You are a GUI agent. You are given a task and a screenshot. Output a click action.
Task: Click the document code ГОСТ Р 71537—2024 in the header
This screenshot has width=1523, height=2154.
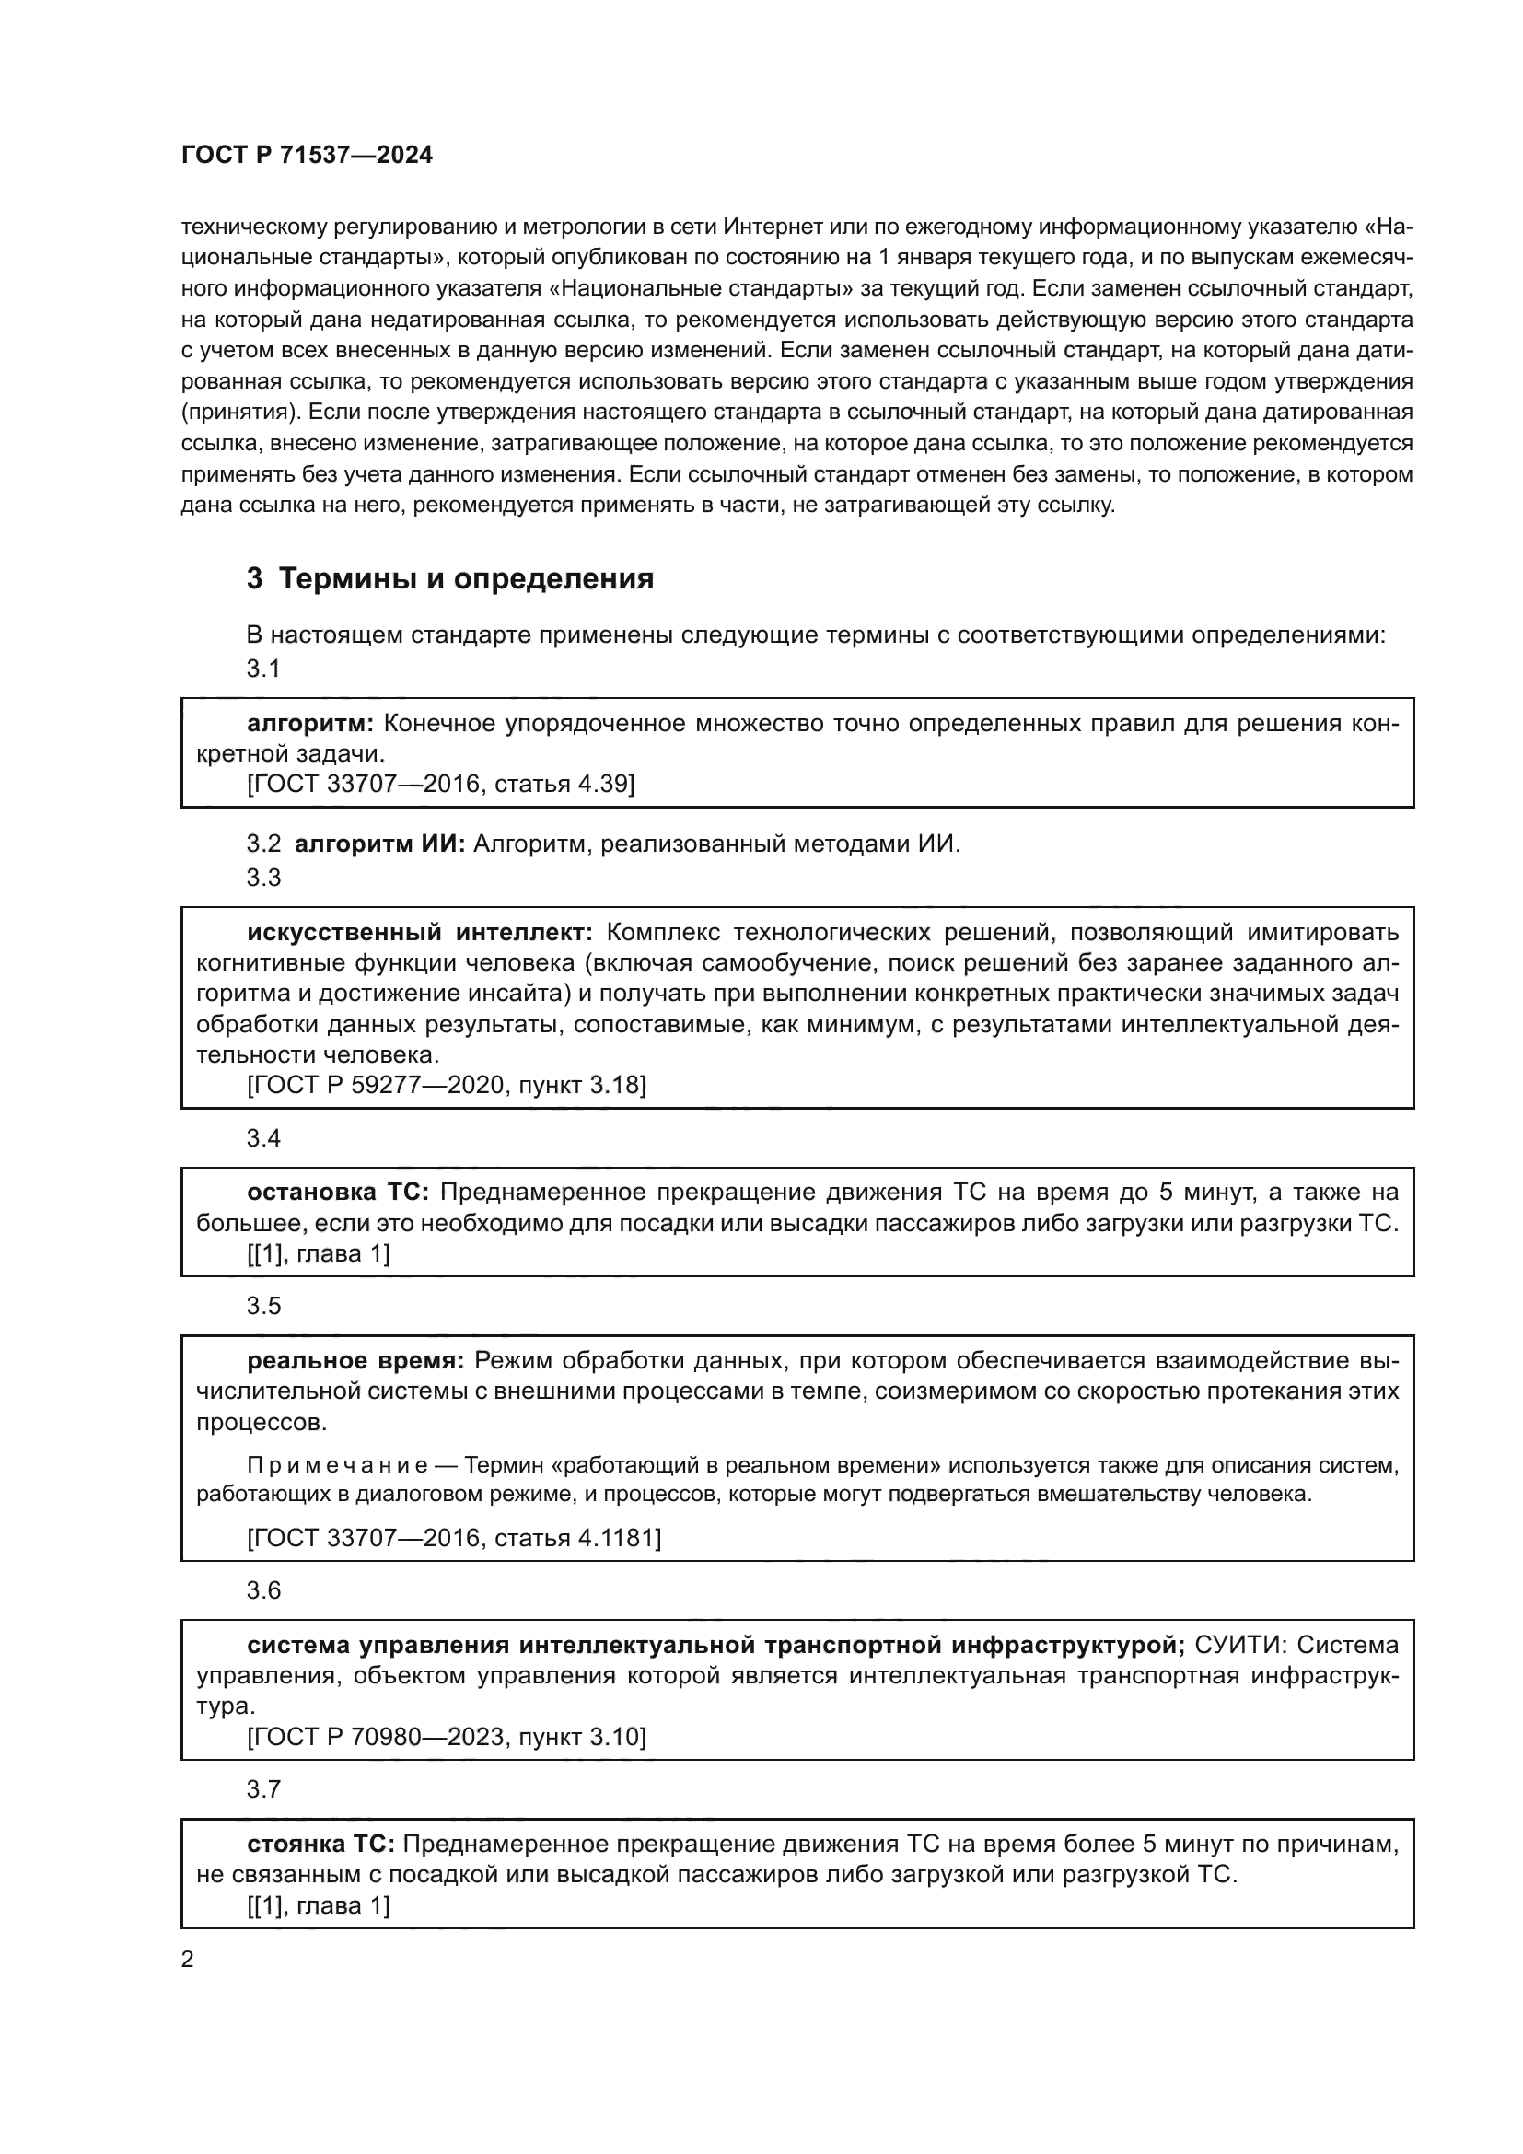point(307,156)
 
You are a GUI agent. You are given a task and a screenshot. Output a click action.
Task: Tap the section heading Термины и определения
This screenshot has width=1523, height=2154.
point(466,579)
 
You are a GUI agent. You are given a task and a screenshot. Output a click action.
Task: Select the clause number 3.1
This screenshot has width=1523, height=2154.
point(263,668)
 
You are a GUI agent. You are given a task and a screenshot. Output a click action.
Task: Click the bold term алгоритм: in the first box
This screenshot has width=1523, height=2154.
point(310,723)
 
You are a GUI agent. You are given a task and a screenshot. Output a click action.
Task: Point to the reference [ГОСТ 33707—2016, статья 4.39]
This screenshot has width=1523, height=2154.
point(441,784)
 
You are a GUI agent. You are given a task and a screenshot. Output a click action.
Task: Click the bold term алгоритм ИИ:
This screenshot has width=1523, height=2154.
point(379,844)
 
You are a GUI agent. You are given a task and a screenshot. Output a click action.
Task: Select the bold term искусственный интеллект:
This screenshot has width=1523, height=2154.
point(419,933)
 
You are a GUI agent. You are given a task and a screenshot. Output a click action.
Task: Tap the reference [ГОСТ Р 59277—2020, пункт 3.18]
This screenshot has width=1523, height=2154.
point(447,1086)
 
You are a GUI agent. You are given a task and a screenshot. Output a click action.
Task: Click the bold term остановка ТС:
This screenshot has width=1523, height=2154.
point(338,1193)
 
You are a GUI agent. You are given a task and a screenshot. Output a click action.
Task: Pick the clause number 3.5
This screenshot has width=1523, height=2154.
point(263,1306)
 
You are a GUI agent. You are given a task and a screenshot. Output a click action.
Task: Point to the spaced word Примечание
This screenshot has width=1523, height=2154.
point(337,1465)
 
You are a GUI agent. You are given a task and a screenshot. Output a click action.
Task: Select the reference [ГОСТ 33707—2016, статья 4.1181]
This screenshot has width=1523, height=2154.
point(454,1538)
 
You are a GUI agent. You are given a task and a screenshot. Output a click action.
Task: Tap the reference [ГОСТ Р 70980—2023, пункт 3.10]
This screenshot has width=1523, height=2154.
point(447,1737)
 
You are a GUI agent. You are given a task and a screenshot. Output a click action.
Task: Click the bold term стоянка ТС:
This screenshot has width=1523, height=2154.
point(319,1845)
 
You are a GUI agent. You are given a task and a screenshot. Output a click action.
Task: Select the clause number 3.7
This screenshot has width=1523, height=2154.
point(263,1789)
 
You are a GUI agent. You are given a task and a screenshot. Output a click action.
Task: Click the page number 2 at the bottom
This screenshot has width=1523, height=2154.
point(188,1960)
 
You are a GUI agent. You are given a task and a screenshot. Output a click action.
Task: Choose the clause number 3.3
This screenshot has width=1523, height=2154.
point(263,878)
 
